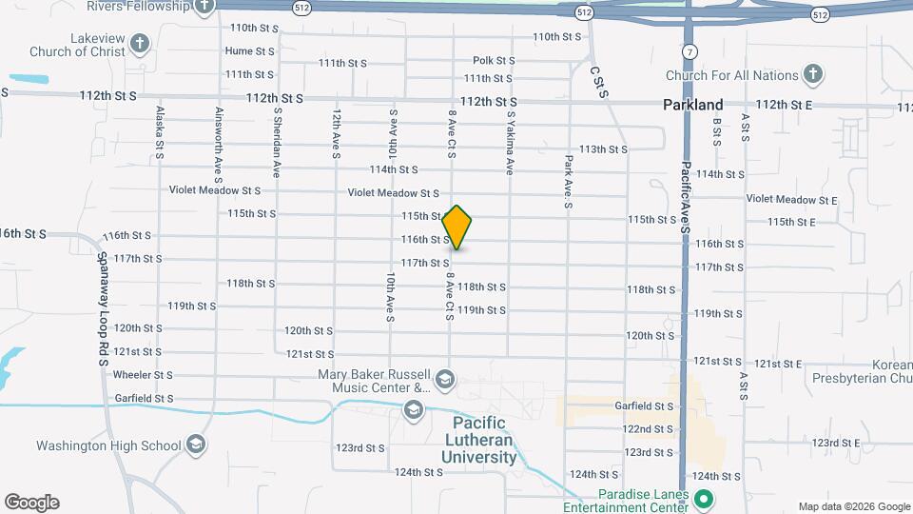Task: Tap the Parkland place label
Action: point(693,105)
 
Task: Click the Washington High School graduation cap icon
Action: point(195,445)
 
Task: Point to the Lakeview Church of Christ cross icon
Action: point(140,43)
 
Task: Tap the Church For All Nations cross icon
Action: point(812,73)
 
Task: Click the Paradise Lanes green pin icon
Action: point(704,499)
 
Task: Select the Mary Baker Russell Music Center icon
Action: point(444,382)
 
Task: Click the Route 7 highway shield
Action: point(687,49)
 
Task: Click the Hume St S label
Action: point(249,50)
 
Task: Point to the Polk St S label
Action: point(494,60)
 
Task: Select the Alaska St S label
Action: point(160,132)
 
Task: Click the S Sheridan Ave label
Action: point(278,142)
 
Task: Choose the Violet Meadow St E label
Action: point(791,200)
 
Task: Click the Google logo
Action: point(31,503)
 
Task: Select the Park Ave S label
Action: point(568,182)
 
